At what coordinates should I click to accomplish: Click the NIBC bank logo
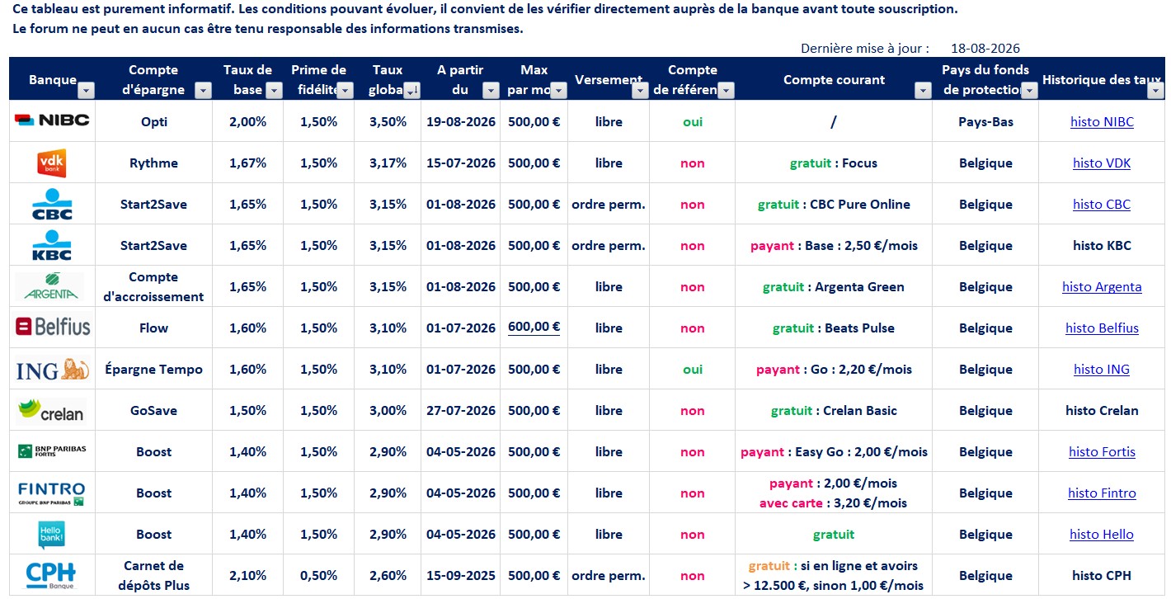tap(52, 120)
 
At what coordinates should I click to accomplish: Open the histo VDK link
tap(1102, 163)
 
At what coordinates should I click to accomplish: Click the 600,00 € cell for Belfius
tap(534, 327)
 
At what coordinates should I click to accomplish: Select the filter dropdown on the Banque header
tap(87, 91)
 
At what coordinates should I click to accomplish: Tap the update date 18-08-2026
tap(985, 48)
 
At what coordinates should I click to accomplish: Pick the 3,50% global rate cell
tap(388, 122)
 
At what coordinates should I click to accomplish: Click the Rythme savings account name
tap(153, 163)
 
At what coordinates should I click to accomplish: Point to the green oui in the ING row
tap(692, 370)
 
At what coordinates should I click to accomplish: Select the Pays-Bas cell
tap(985, 122)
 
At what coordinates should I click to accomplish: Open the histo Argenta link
tap(1102, 287)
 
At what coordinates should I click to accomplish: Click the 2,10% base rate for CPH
tap(247, 575)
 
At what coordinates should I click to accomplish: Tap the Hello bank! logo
tap(51, 534)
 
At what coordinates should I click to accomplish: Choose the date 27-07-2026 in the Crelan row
tap(460, 411)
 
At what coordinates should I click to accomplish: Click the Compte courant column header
tap(834, 79)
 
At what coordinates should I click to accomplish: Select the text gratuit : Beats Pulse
tap(833, 328)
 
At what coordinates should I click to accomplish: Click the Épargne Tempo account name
tap(153, 370)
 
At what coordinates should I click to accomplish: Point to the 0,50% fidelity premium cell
tap(318, 575)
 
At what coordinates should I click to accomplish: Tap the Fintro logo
tap(51, 493)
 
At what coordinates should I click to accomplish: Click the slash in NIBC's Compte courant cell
tap(833, 122)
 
